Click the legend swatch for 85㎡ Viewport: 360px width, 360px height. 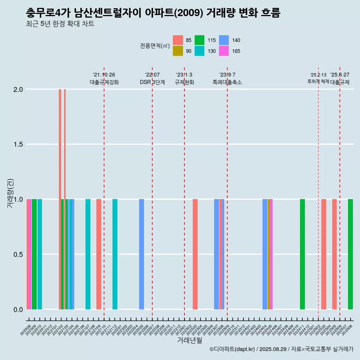click(x=178, y=40)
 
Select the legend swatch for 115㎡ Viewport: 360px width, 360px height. click(x=200, y=40)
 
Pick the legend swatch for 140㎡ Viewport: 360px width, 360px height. click(x=224, y=40)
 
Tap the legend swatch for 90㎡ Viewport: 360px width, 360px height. click(x=178, y=51)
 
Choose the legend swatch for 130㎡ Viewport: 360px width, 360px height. click(x=200, y=51)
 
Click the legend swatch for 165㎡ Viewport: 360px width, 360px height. click(x=224, y=51)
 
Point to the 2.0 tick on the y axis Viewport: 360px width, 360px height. click(x=18, y=90)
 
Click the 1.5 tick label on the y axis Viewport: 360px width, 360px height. click(x=18, y=144)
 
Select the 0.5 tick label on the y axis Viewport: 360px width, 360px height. click(x=18, y=255)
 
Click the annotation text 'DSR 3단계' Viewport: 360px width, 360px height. click(x=152, y=82)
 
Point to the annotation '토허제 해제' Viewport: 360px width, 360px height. click(x=318, y=81)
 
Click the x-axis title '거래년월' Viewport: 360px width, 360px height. click(x=189, y=340)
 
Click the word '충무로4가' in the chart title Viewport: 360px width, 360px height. click(x=48, y=13)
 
